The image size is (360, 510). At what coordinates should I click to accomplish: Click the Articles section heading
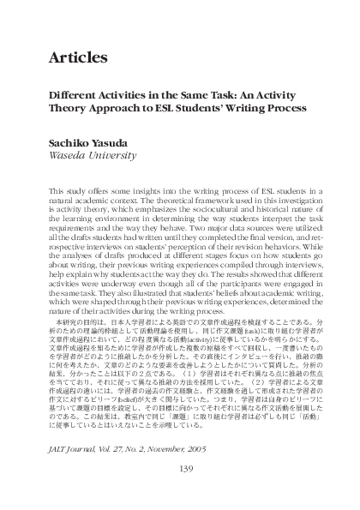point(78,58)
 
